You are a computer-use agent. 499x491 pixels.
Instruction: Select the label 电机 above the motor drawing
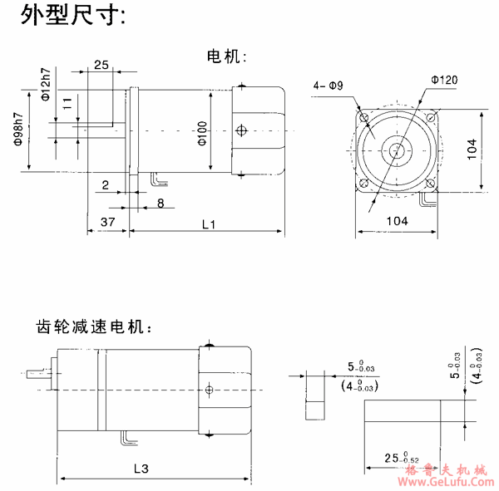[x=226, y=56]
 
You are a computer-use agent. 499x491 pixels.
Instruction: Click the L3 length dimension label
[x=141, y=469]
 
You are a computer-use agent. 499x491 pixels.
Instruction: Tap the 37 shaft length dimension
[x=107, y=223]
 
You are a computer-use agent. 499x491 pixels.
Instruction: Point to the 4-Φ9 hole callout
[x=328, y=86]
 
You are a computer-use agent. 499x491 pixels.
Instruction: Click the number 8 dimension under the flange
[x=160, y=203]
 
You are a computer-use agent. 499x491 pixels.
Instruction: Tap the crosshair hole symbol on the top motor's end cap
[x=241, y=130]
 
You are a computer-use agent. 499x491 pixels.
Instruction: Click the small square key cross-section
[x=314, y=409]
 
